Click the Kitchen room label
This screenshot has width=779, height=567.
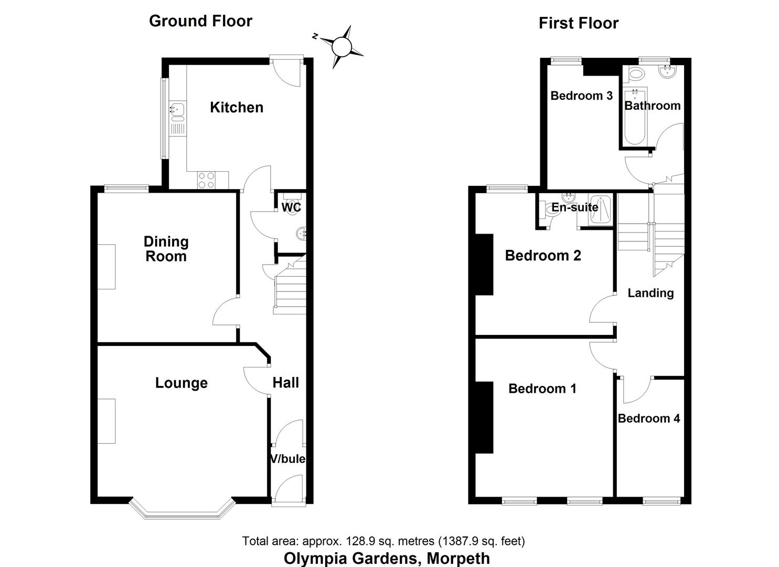(x=236, y=108)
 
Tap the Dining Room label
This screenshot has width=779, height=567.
(x=166, y=249)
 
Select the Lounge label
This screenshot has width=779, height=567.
(x=181, y=383)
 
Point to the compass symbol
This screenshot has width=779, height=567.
(x=341, y=47)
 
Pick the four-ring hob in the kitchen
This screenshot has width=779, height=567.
(x=206, y=180)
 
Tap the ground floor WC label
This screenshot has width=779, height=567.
(x=291, y=207)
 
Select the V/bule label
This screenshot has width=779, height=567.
(x=287, y=459)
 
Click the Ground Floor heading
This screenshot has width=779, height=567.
(x=200, y=21)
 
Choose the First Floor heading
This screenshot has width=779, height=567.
(x=578, y=23)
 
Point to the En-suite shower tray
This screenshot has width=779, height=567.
(x=600, y=210)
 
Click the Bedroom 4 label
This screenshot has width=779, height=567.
(x=649, y=418)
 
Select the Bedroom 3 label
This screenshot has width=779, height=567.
(x=581, y=96)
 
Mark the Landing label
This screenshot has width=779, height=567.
(x=650, y=293)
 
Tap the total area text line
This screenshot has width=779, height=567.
(x=383, y=541)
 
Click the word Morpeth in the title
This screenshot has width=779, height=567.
(x=458, y=558)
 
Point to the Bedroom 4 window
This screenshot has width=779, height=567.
(x=661, y=501)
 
